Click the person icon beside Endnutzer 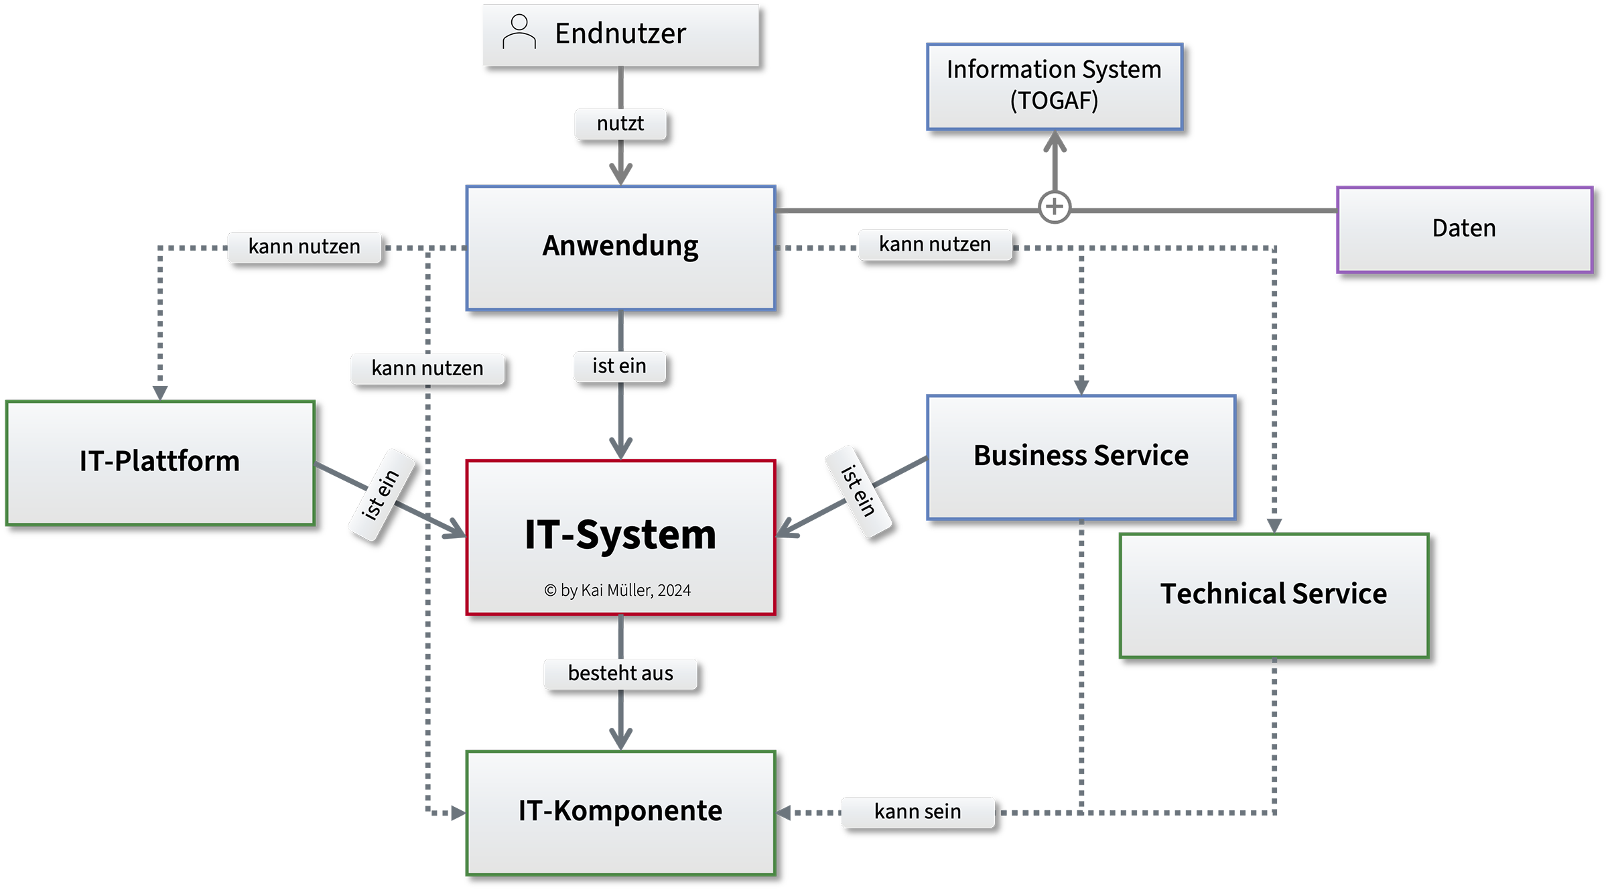pos(519,32)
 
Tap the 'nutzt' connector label pos(620,124)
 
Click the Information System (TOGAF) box pos(1055,86)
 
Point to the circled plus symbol pos(1055,206)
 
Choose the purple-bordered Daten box pos(1464,229)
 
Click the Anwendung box pos(620,247)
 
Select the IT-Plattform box pos(160,462)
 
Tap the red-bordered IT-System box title pos(620,535)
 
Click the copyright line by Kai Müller pos(617,590)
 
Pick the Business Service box pos(1081,456)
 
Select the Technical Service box pos(1274,594)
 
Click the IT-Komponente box pos(620,812)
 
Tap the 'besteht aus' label pos(620,674)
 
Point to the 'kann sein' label pos(917,812)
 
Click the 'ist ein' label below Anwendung pos(619,367)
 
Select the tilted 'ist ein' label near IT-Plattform pos(381,495)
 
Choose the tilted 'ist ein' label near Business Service pos(858,491)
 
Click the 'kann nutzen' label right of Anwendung pos(935,245)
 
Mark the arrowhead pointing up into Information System pos(1055,139)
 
